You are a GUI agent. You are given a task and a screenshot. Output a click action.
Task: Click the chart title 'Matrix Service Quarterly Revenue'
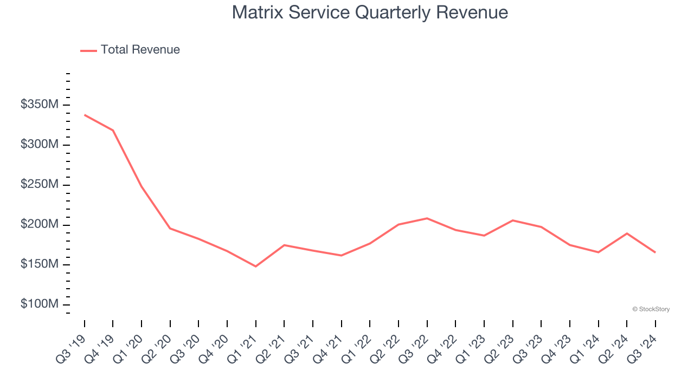click(370, 12)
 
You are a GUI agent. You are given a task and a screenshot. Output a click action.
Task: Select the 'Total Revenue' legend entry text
click(140, 50)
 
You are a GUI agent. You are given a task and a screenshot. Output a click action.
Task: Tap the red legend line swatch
click(88, 50)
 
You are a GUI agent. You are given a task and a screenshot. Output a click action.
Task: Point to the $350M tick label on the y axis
click(39, 105)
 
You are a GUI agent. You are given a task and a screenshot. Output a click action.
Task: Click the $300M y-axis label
click(39, 145)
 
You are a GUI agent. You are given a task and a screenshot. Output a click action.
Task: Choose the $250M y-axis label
click(39, 185)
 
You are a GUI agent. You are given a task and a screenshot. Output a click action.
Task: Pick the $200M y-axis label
click(39, 224)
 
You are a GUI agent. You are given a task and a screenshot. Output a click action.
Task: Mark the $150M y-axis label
click(39, 264)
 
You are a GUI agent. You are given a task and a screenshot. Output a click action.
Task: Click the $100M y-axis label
click(39, 304)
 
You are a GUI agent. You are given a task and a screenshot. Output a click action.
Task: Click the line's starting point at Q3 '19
click(85, 115)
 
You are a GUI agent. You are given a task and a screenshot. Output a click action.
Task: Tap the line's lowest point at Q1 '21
click(256, 266)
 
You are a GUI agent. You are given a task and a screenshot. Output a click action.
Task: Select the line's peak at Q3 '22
click(427, 218)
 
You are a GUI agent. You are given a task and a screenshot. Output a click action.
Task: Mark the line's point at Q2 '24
click(627, 233)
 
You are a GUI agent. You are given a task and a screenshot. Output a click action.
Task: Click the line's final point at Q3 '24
click(655, 252)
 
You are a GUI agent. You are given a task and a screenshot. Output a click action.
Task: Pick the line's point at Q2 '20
click(170, 228)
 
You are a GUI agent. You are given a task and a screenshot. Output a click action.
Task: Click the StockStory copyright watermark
click(651, 309)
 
